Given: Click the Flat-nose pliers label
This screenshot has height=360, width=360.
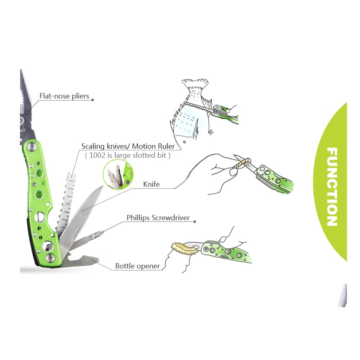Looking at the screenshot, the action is click(64, 96).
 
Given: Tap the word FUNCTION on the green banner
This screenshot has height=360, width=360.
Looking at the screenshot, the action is click(332, 187).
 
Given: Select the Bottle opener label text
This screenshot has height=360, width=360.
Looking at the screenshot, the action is click(137, 266).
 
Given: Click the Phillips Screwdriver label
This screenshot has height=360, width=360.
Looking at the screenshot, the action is click(158, 218).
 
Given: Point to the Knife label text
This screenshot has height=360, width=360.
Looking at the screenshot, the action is click(151, 184).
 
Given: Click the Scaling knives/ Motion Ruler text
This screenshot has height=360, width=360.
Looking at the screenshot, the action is click(128, 146).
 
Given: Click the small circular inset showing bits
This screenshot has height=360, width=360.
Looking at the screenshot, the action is click(118, 174).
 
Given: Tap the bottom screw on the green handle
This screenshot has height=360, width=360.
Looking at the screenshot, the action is click(51, 257).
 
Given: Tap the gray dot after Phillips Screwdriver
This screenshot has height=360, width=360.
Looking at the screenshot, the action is click(195, 221).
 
